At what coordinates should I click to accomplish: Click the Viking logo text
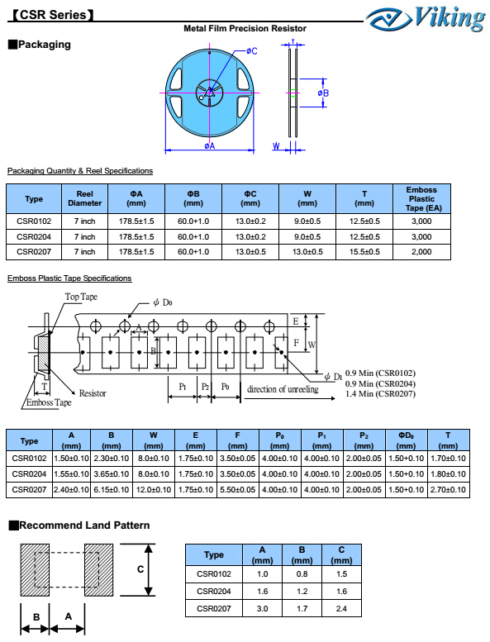pyautogui.click(x=450, y=18)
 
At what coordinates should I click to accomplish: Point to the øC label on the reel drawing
pyautogui.click(x=252, y=50)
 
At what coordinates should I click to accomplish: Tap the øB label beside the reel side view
pyautogui.click(x=323, y=93)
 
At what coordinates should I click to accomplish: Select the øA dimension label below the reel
pyautogui.click(x=210, y=145)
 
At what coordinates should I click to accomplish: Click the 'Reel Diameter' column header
pyautogui.click(x=85, y=198)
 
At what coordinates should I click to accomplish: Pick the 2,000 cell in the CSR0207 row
pyautogui.click(x=421, y=252)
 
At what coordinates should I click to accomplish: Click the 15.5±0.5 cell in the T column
pyautogui.click(x=364, y=252)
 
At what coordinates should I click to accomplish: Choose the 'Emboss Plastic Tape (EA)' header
pyautogui.click(x=421, y=199)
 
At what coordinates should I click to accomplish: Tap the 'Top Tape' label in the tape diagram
pyautogui.click(x=81, y=297)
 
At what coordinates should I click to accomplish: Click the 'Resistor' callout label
pyautogui.click(x=93, y=393)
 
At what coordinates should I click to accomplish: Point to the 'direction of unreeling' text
pyautogui.click(x=283, y=389)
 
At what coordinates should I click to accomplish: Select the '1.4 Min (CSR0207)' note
pyautogui.click(x=380, y=394)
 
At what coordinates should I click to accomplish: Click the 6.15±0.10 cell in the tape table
pyautogui.click(x=112, y=490)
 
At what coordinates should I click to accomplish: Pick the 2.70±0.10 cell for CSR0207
pyautogui.click(x=448, y=490)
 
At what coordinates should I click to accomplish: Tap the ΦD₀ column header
pyautogui.click(x=406, y=440)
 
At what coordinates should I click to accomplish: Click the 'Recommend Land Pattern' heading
pyautogui.click(x=84, y=525)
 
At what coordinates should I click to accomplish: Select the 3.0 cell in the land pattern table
pyautogui.click(x=263, y=609)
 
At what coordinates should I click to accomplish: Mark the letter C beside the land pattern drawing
pyautogui.click(x=140, y=569)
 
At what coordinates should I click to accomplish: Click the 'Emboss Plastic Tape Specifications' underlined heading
pyautogui.click(x=69, y=278)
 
